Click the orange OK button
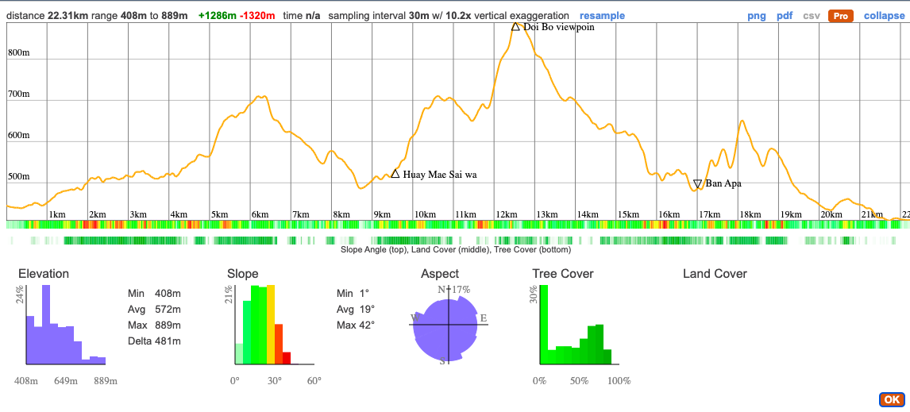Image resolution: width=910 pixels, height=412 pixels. coord(892,400)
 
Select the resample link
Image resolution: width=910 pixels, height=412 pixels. coord(602,16)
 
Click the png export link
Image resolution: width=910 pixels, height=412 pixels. coord(757,16)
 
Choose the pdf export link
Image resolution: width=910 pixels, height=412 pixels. coord(785,16)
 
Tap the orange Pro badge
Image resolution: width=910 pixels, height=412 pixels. coord(840,16)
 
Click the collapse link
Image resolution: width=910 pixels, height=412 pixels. coord(884,16)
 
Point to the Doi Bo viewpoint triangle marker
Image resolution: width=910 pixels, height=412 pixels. coord(515,26)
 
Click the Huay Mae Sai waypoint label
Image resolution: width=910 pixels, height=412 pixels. coord(440,175)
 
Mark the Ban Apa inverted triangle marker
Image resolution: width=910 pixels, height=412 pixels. coord(697,184)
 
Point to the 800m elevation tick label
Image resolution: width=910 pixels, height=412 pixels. coord(19,53)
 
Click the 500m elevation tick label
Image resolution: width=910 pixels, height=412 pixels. coord(19,176)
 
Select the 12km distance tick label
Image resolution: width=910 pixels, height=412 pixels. coord(506,214)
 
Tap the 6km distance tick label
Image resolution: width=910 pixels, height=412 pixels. coord(260,214)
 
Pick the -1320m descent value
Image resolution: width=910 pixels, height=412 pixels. coord(257,16)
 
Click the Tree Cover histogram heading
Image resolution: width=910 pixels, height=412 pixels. coord(563,274)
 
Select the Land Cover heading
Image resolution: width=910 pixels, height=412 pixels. coord(715,274)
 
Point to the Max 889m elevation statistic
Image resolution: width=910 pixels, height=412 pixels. coord(154,325)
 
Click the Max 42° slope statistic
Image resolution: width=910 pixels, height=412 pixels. coord(356,325)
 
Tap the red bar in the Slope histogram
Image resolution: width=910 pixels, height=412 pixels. coord(287,358)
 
